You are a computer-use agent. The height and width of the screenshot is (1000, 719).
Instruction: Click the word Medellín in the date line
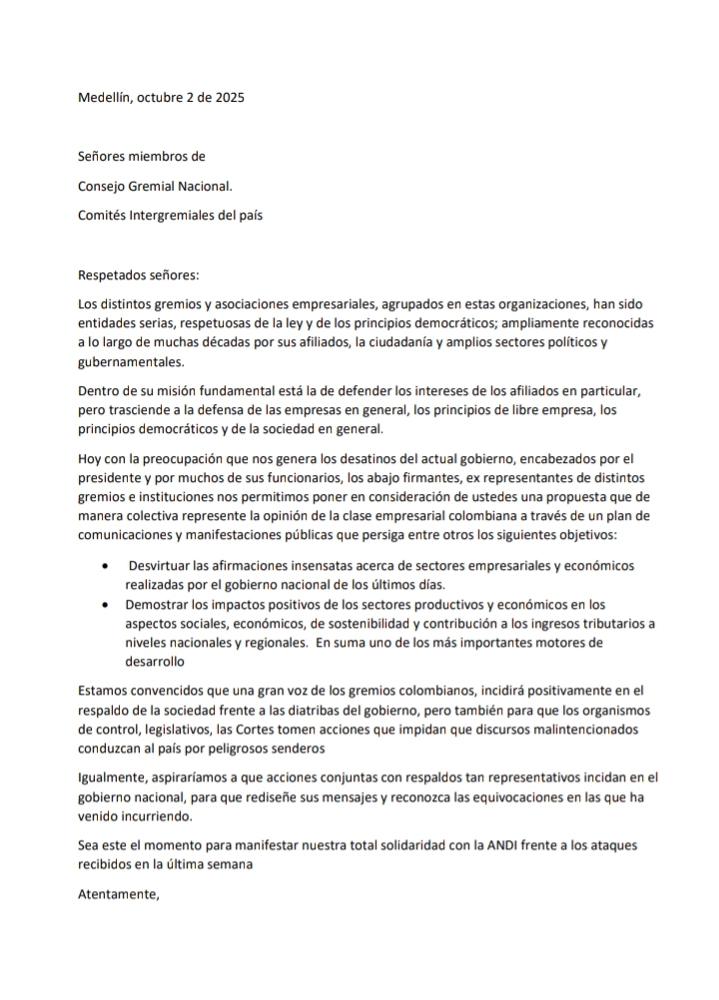click(x=108, y=98)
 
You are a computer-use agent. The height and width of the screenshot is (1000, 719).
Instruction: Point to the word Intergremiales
click(x=182, y=216)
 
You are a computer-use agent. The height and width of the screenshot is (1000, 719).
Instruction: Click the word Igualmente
click(x=111, y=777)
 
